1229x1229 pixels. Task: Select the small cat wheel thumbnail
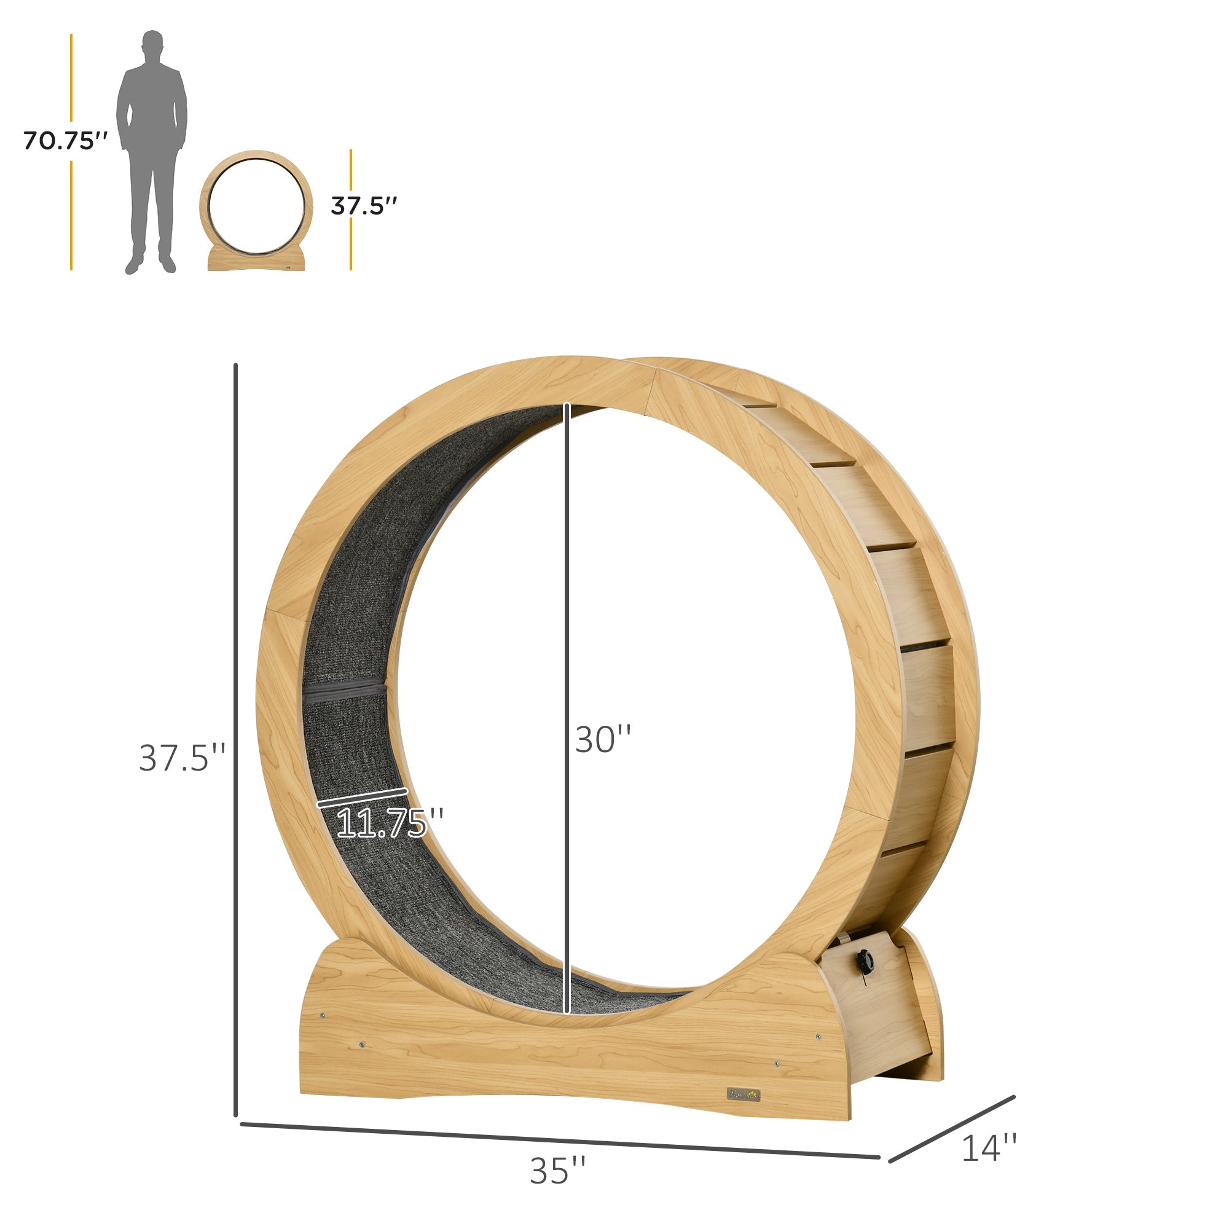point(256,211)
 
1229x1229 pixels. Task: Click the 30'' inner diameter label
point(602,739)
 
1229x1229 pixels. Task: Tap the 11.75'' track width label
point(390,823)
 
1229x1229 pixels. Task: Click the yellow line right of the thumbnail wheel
point(350,241)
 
